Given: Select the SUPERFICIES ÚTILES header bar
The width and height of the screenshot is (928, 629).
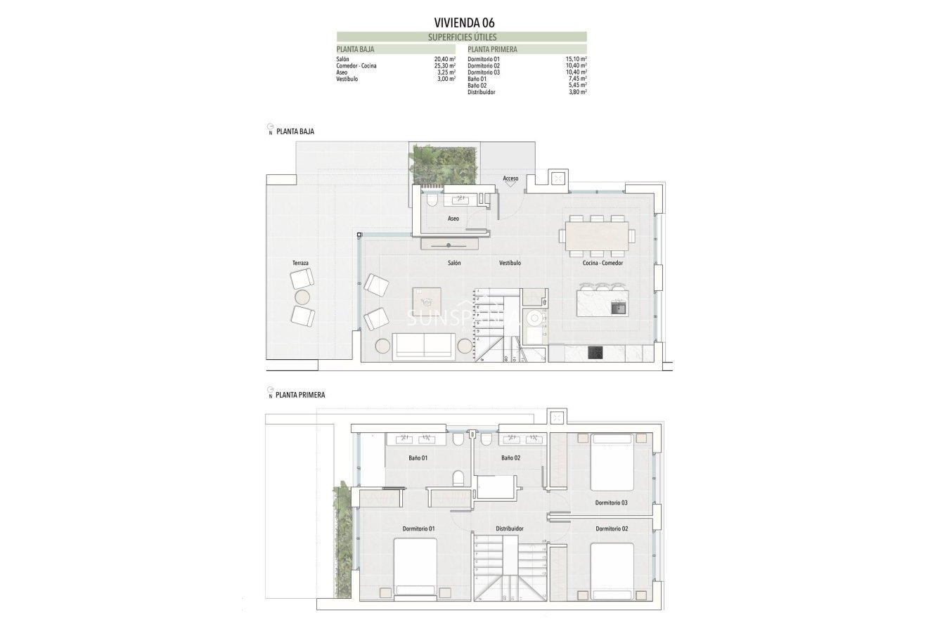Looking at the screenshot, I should tap(461, 37).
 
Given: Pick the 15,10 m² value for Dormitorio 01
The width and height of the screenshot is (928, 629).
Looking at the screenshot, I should tap(576, 60).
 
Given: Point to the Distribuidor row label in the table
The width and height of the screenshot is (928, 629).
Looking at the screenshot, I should tap(481, 91).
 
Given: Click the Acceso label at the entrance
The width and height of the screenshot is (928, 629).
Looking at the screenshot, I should tap(510, 179).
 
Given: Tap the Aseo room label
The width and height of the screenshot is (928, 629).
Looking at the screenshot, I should tap(453, 219).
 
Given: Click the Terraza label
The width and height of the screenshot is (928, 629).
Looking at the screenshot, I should tap(301, 263).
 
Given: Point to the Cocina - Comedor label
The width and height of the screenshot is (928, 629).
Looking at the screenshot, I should tap(602, 263).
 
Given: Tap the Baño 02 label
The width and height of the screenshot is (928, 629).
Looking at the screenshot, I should tap(510, 458).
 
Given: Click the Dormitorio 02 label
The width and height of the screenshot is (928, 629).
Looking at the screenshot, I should tap(611, 529).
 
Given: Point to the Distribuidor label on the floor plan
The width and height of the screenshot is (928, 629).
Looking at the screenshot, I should tap(510, 529).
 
